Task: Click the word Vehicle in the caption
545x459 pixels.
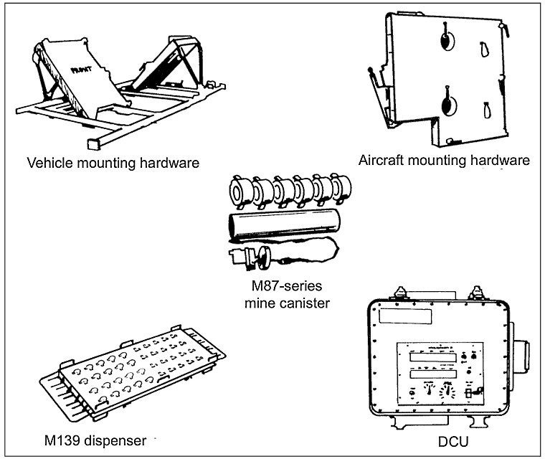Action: pos(47,163)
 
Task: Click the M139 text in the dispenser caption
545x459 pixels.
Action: pos(62,438)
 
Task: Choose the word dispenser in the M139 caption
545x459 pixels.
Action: pos(118,438)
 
